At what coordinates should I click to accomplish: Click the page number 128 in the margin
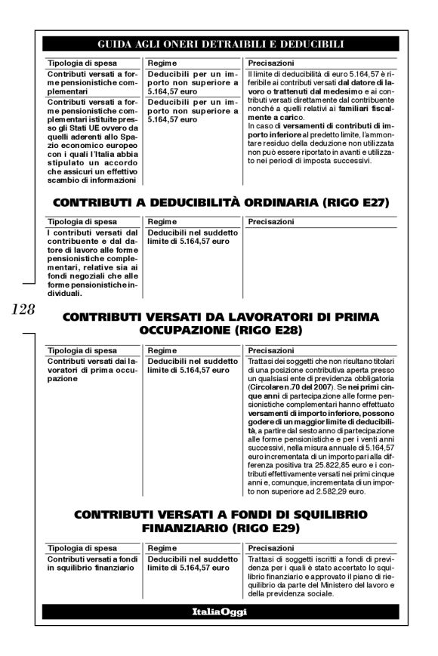click(21, 309)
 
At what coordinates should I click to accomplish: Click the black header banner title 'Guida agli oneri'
click(219, 44)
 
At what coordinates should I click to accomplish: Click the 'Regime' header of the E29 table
click(162, 549)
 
